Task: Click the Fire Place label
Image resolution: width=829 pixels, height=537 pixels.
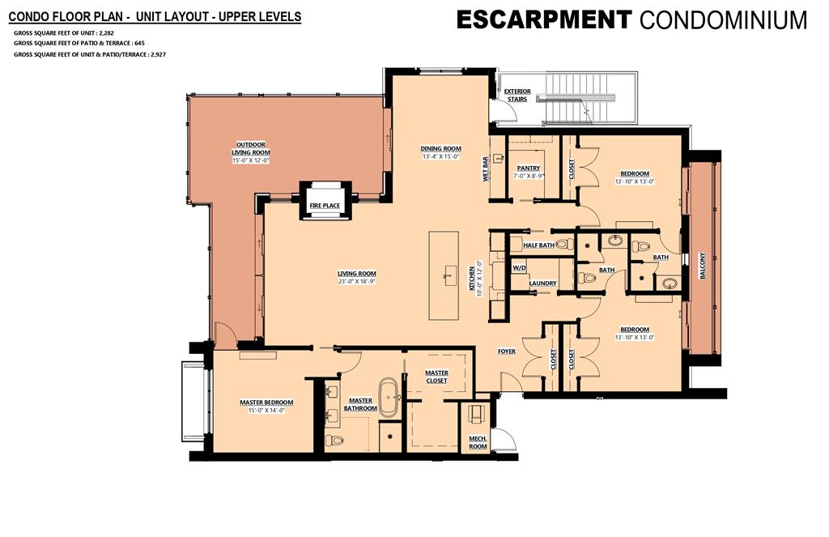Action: click(x=325, y=206)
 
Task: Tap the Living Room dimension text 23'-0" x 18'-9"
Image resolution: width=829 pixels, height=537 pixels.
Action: click(x=357, y=282)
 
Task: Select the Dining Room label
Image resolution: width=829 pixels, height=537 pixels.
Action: click(x=441, y=149)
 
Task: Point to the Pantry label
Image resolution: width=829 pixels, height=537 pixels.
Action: click(x=529, y=168)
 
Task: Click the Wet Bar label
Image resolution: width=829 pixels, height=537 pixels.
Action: click(x=486, y=168)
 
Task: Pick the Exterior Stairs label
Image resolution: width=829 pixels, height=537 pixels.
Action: click(x=517, y=96)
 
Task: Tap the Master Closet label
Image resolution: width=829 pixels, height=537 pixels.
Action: click(x=436, y=377)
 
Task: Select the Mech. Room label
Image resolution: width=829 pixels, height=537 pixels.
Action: click(x=478, y=442)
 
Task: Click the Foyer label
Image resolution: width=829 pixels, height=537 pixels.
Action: click(x=507, y=352)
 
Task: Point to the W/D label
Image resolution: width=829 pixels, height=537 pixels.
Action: click(x=519, y=268)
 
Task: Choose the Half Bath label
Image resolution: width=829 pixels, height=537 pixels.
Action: click(x=538, y=245)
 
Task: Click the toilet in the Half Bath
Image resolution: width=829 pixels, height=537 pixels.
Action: click(x=564, y=245)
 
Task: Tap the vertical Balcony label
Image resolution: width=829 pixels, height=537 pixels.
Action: click(x=703, y=266)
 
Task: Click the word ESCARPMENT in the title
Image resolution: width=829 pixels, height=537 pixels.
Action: click(x=544, y=20)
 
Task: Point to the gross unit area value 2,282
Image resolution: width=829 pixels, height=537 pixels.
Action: click(x=107, y=32)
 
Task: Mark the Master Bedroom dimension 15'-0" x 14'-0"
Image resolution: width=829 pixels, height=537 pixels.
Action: click(x=266, y=410)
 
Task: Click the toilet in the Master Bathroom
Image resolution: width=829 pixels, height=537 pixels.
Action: click(x=335, y=440)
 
